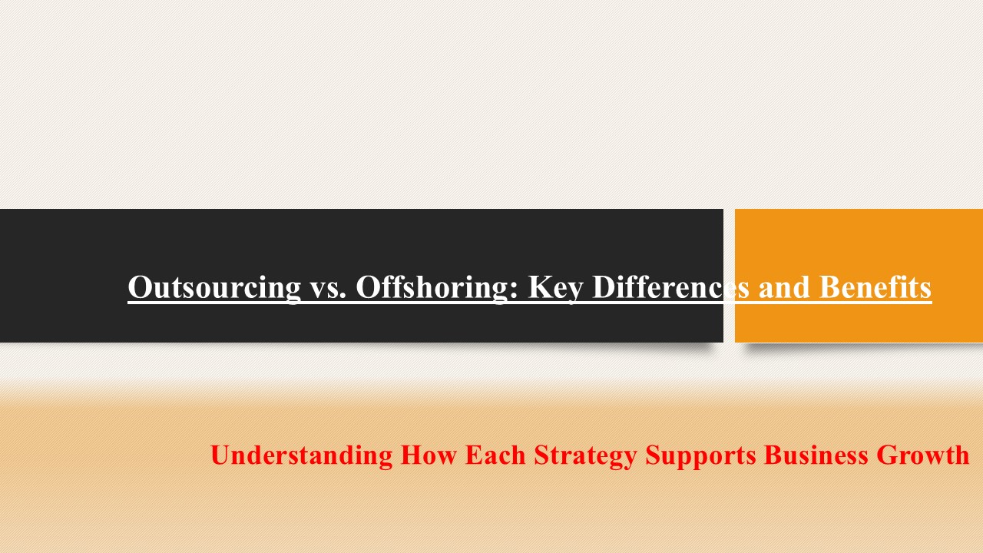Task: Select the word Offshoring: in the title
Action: point(437,288)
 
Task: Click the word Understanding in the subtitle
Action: point(301,455)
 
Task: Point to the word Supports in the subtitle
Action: point(700,455)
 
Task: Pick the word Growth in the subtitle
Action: point(923,455)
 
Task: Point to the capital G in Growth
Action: point(888,455)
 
